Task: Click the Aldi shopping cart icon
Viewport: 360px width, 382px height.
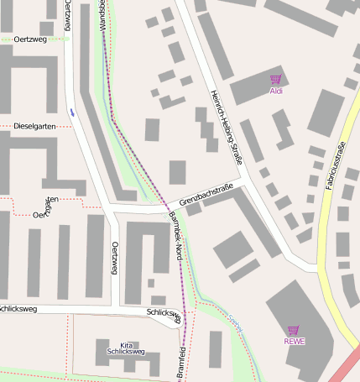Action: [275, 80]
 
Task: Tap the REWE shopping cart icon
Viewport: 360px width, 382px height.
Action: [293, 330]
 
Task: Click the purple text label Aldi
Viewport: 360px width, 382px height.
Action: [275, 91]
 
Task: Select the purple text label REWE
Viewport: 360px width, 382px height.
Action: [294, 341]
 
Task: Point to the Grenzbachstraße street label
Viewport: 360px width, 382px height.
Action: [206, 197]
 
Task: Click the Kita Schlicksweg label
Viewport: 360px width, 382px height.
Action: [126, 349]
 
